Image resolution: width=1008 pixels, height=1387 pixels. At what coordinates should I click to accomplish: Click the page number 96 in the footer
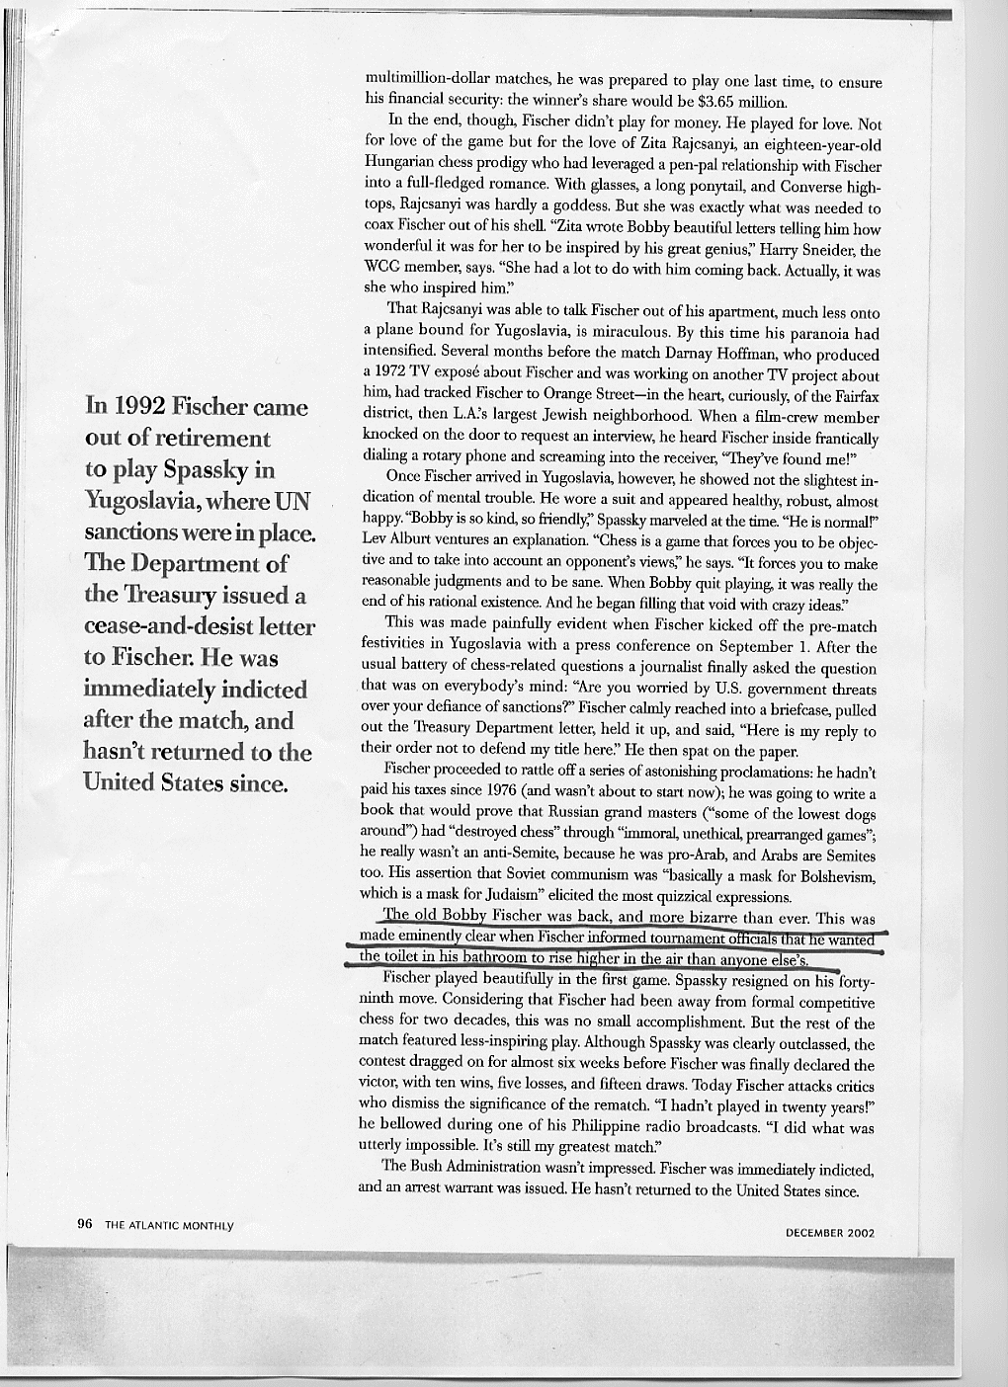click(x=84, y=1224)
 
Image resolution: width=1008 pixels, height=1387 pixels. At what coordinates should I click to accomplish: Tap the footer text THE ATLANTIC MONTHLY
click(x=169, y=1225)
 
